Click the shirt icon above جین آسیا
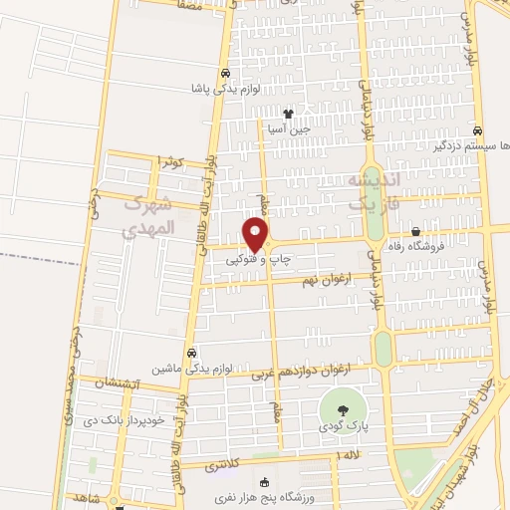tap(289, 114)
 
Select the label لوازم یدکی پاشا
tap(226, 89)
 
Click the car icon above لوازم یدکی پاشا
tap(226, 74)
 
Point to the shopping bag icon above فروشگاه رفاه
tap(415, 231)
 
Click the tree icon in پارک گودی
tap(343, 409)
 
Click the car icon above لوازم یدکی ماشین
tap(191, 352)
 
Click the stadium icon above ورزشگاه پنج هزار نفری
tap(263, 483)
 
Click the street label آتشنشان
tap(121, 383)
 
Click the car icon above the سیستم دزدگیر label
tap(478, 130)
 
